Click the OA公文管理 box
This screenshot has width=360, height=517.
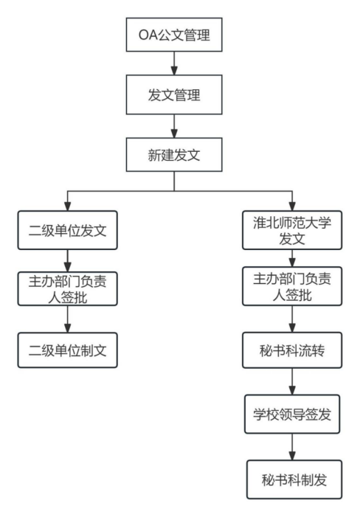pos(173,34)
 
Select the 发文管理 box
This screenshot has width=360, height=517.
pos(173,95)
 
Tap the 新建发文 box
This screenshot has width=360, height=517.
pos(173,156)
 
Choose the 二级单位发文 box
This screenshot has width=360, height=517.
pos(67,230)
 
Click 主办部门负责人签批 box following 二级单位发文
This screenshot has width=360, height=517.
pos(67,289)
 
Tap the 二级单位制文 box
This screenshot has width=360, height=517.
pos(67,350)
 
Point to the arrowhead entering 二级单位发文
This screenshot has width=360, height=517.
pos(67,206)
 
